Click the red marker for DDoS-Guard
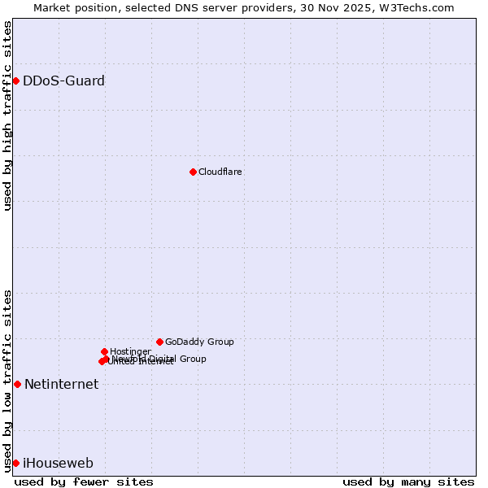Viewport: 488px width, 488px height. (15, 81)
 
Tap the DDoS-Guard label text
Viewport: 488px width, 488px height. (63, 81)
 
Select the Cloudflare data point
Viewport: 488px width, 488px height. (193, 172)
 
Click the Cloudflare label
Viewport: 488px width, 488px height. (220, 172)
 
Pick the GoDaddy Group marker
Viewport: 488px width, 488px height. (159, 342)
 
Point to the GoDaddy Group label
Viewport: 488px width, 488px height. (199, 342)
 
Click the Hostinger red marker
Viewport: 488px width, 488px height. (104, 351)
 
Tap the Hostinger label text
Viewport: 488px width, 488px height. (130, 351)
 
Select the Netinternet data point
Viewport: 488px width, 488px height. (17, 384)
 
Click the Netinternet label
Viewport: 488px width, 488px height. (61, 385)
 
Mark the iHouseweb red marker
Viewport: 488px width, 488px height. (15, 463)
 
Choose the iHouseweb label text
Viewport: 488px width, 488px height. (58, 464)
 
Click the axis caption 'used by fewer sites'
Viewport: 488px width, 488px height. (84, 481)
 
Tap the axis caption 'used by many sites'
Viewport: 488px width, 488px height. (408, 481)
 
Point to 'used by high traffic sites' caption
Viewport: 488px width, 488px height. (7, 115)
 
